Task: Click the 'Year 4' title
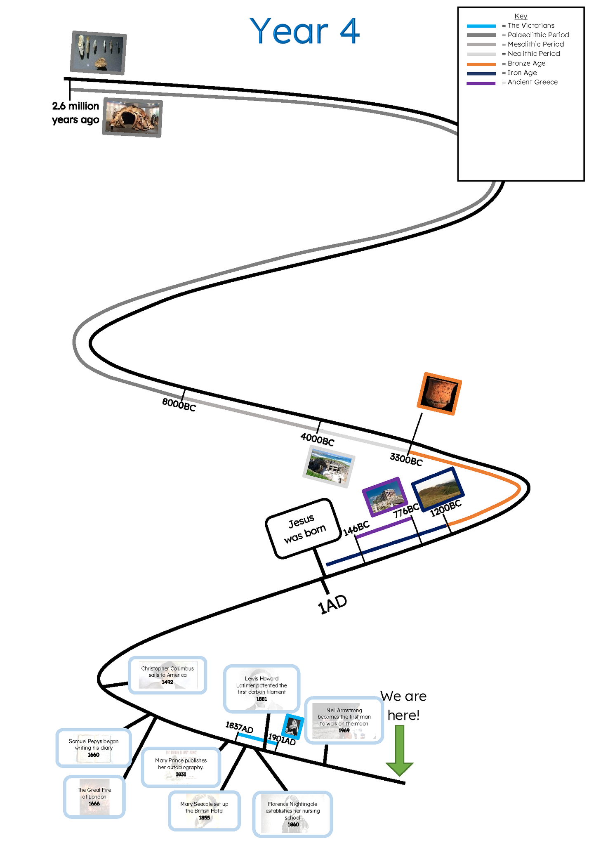click(x=304, y=31)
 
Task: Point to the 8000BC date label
click(x=179, y=404)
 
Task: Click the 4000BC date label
click(x=317, y=439)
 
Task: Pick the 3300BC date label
click(x=406, y=459)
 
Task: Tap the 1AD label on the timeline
click(x=332, y=605)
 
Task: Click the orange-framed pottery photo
click(x=439, y=393)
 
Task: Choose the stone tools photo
click(x=98, y=52)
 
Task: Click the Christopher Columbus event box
click(x=167, y=675)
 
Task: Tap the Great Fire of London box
click(x=94, y=796)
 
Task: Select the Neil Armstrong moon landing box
click(x=344, y=720)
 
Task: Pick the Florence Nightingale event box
click(x=292, y=814)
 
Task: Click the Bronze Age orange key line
click(x=481, y=64)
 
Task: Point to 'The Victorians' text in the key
click(x=531, y=26)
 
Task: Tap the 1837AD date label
click(x=239, y=727)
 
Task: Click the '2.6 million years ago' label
click(x=75, y=113)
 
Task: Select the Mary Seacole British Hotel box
click(x=204, y=810)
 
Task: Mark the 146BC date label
click(x=356, y=529)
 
